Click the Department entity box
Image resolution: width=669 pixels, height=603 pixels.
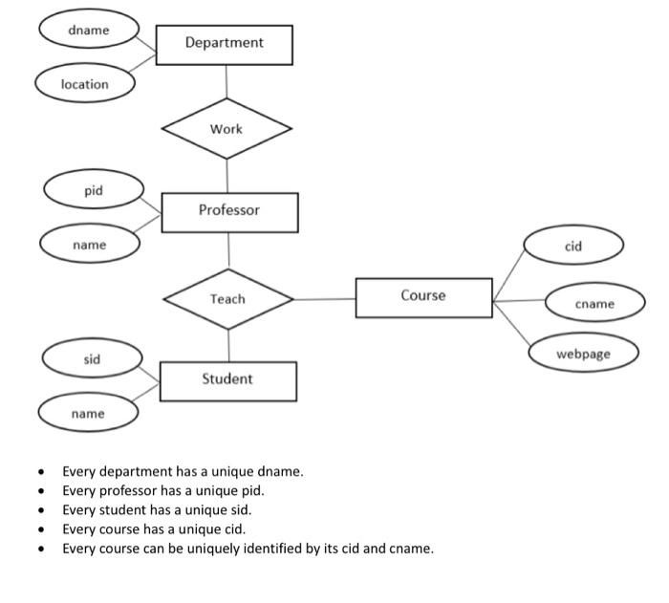tap(224, 44)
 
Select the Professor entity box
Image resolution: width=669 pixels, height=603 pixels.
tap(229, 211)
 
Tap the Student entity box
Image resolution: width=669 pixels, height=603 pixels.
tap(227, 380)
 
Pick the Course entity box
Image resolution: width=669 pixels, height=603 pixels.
tap(423, 297)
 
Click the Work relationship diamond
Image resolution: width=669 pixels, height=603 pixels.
tap(227, 129)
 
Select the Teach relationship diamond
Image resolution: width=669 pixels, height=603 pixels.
tap(227, 299)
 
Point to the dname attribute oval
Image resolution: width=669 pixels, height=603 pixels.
tap(88, 31)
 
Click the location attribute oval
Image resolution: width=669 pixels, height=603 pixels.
tap(84, 84)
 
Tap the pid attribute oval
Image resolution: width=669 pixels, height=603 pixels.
tap(93, 191)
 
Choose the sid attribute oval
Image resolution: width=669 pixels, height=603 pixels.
tap(92, 359)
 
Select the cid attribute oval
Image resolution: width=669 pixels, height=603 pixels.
tap(573, 247)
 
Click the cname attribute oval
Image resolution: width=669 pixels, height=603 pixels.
tap(594, 303)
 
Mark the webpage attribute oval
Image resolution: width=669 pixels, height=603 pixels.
tap(583, 353)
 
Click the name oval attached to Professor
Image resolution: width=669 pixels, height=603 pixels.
tap(90, 246)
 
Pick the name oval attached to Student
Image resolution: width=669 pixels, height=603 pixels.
tap(88, 414)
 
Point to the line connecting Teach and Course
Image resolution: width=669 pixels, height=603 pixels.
tap(325, 299)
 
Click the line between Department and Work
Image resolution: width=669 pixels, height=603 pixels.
tap(227, 81)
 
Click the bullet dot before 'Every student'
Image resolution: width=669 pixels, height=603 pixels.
tap(41, 511)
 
